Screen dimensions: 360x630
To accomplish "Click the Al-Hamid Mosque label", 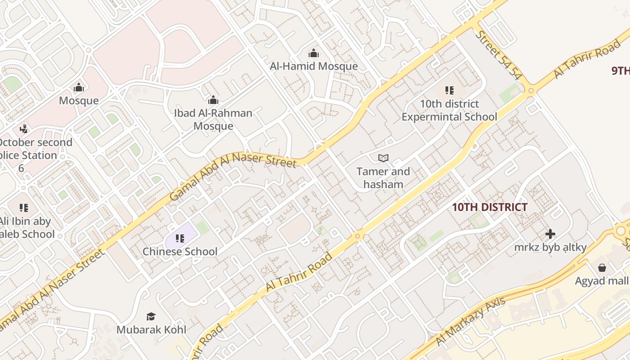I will tap(314, 66).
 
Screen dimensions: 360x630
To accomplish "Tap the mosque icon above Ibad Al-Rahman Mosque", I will tap(213, 100).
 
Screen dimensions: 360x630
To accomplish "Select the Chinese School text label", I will tap(180, 252).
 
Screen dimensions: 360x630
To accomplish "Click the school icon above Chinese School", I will tap(180, 238).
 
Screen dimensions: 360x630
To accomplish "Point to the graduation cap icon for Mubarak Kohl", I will tap(151, 316).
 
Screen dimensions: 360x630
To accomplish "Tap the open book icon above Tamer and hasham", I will tap(383, 158).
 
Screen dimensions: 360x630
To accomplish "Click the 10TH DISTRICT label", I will tap(490, 207).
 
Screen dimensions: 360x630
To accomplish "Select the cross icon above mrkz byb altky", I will tap(550, 234).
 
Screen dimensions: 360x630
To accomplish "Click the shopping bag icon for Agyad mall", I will tap(602, 268).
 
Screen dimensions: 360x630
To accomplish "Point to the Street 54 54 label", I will tap(499, 55).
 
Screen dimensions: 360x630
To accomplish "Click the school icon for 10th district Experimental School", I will tap(449, 90).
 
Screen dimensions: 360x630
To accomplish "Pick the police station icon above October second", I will tap(24, 129).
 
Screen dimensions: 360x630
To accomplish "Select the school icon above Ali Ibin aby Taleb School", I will tap(24, 208).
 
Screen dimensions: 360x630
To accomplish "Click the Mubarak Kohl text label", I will tap(151, 329).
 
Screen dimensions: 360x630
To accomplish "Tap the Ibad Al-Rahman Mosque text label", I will tap(213, 119).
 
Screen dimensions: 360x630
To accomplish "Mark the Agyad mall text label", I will tap(602, 281).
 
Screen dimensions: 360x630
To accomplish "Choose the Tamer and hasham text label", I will tap(383, 178).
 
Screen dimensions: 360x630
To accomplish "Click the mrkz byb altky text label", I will tap(550, 247).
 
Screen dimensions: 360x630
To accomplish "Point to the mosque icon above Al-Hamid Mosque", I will tap(314, 54).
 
